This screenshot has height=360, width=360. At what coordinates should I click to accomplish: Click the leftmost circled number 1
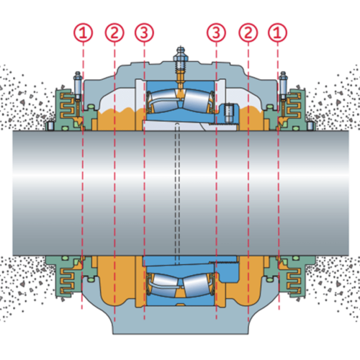83,32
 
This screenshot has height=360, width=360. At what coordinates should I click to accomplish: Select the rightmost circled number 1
277,32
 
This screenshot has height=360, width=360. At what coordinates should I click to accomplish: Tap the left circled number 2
114,32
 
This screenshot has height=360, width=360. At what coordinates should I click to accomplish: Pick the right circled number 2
248,32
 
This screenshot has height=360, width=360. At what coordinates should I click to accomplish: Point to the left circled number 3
144,32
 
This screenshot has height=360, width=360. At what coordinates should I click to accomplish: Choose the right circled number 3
216,32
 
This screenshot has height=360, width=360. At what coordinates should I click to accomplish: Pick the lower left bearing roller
166,285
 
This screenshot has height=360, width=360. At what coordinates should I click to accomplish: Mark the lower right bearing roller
197,286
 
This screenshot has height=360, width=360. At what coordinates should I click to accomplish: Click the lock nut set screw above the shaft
228,113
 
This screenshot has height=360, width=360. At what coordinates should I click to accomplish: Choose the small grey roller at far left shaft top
50,126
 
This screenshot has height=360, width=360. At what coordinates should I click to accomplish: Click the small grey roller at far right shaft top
310,126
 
